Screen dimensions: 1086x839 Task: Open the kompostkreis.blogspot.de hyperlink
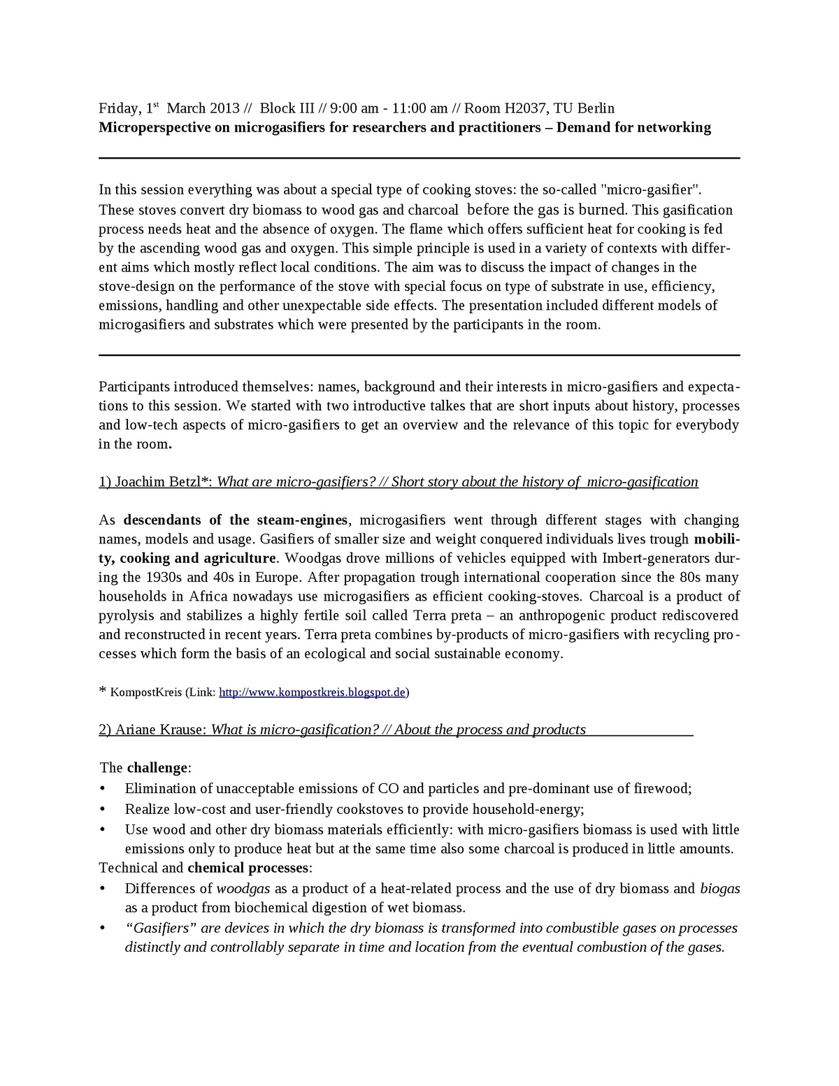point(313,693)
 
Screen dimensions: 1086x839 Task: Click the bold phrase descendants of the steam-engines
point(236,520)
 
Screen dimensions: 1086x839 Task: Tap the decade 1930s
point(164,578)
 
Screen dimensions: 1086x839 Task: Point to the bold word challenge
point(157,768)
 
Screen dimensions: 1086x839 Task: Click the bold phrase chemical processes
point(248,869)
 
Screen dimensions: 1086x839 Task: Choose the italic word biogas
point(719,889)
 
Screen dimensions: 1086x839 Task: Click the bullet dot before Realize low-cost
point(103,809)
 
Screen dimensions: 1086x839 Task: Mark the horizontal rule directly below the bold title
point(419,158)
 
